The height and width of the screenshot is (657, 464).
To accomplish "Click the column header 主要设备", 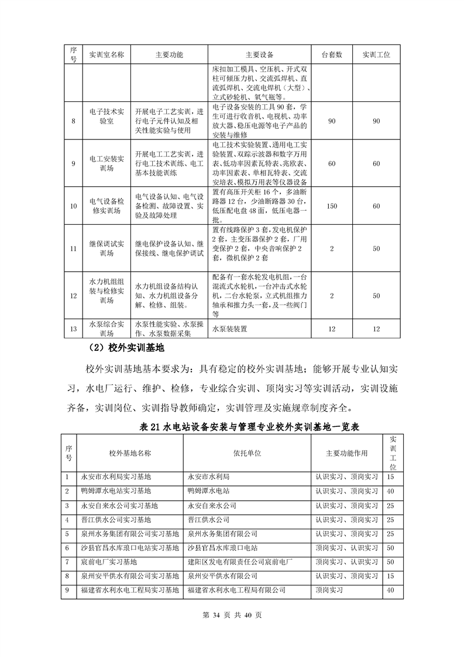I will [x=260, y=54].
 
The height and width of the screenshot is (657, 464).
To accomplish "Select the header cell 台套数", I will [x=331, y=54].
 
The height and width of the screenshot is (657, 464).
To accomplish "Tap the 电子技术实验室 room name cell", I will [x=106, y=121].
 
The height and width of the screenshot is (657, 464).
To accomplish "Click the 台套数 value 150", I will [x=331, y=206].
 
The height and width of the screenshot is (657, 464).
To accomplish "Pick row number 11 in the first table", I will [x=73, y=249].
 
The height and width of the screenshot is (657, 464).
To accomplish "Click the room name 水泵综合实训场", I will [x=106, y=328].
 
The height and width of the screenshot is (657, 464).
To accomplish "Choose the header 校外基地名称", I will [x=130, y=453].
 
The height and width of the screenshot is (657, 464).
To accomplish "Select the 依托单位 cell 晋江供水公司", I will [x=207, y=519].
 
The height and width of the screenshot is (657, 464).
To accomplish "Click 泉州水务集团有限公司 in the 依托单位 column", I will [x=223, y=533].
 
